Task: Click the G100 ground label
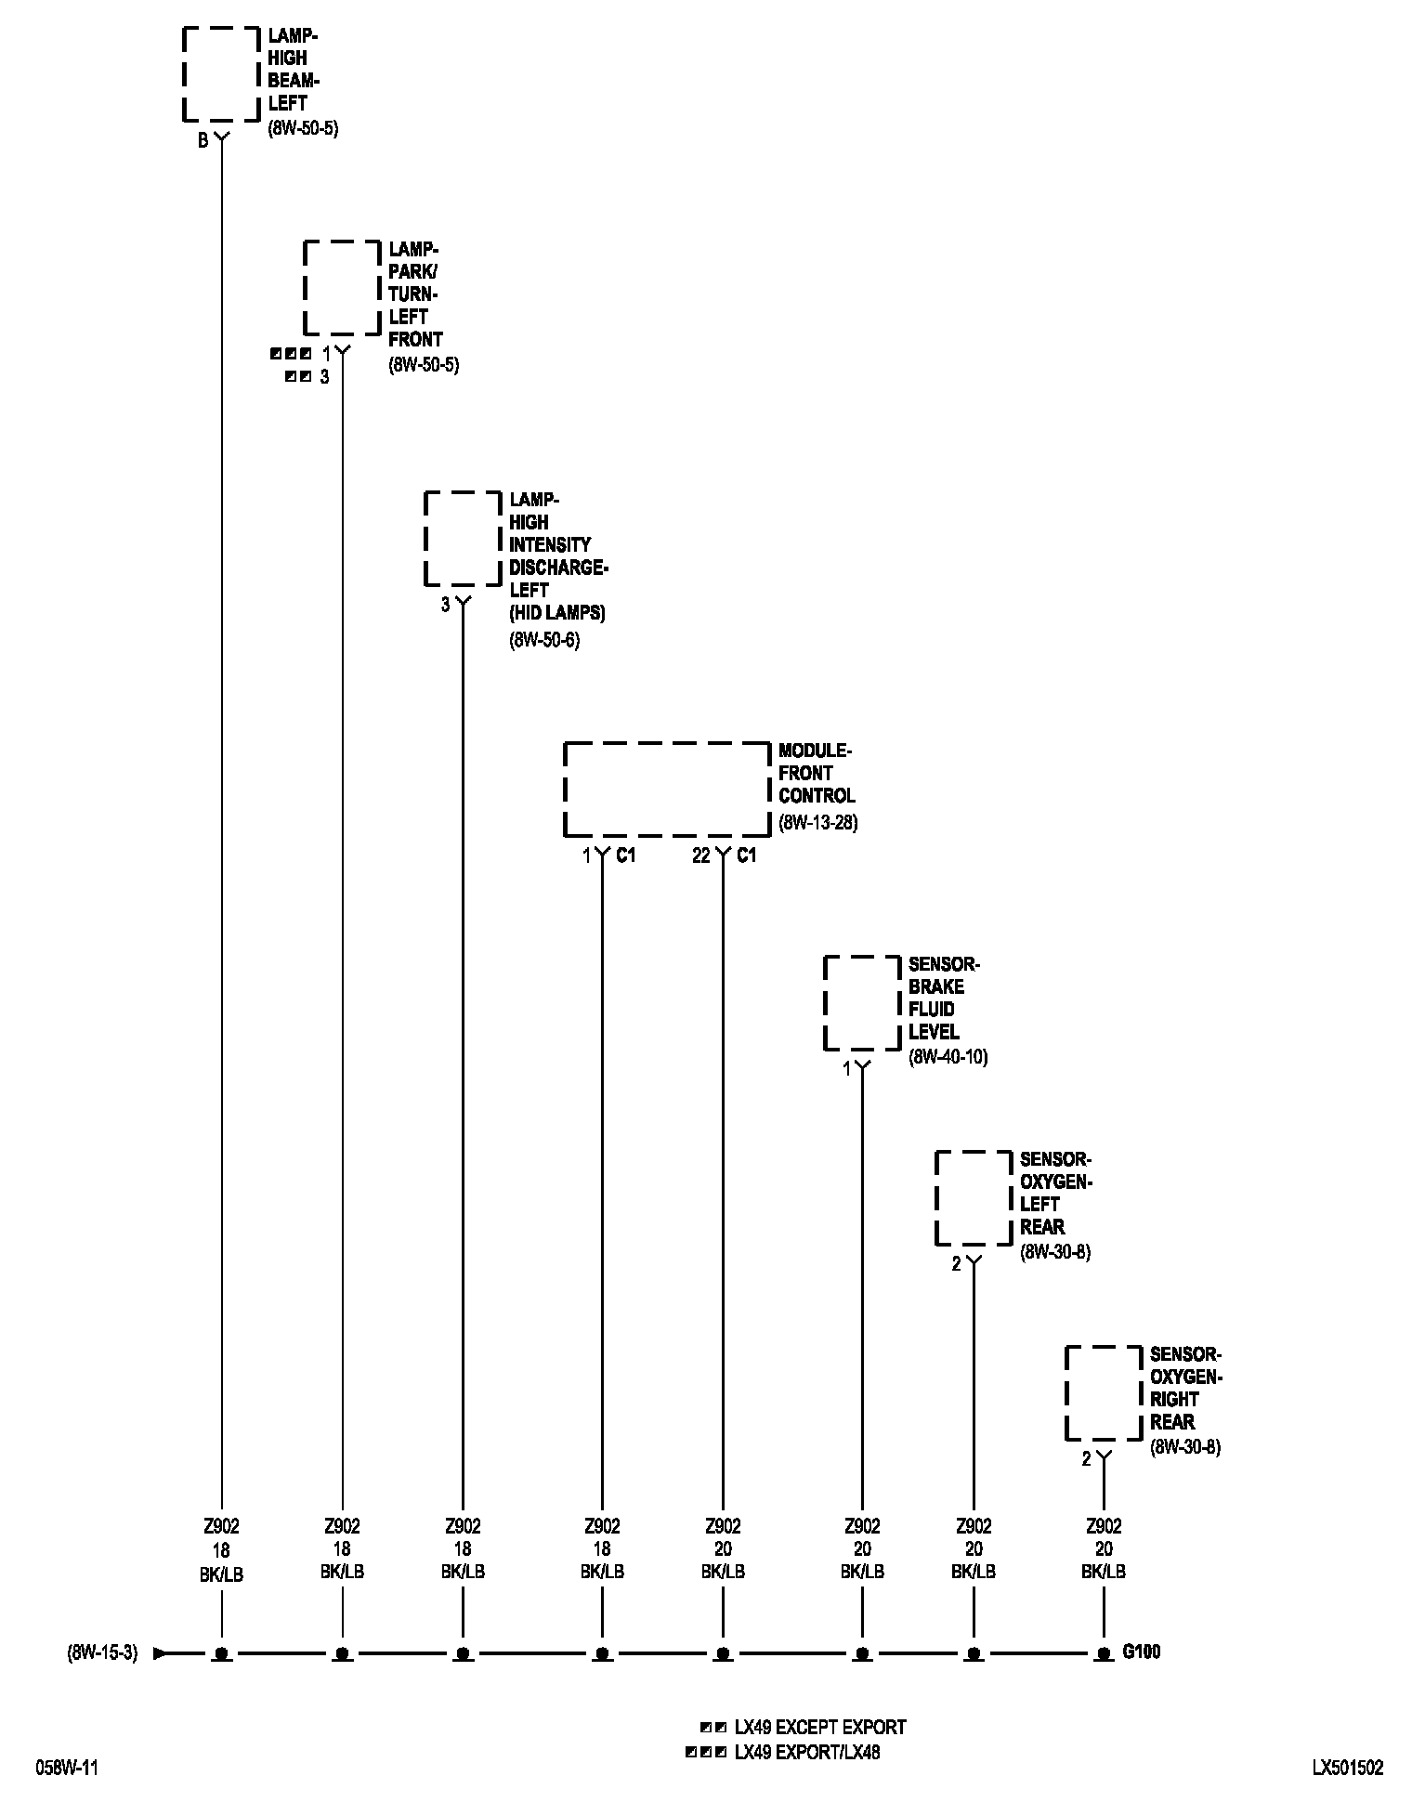[x=1141, y=1652]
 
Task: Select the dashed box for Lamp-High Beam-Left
[x=221, y=74]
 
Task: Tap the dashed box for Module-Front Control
[x=667, y=789]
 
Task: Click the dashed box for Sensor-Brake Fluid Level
[x=862, y=1003]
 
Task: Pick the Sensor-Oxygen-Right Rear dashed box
[x=1104, y=1393]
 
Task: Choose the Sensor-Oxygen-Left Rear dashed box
[x=974, y=1198]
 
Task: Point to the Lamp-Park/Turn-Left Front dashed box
[x=342, y=288]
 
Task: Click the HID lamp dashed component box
[x=463, y=539]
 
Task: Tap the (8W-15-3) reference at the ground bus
[x=102, y=1653]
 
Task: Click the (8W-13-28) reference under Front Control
[x=817, y=823]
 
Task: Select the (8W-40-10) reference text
[x=948, y=1057]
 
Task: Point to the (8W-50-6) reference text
[x=544, y=640]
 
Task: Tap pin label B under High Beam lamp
[x=203, y=142]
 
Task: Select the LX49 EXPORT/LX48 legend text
[x=806, y=1753]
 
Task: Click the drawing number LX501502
[x=1347, y=1769]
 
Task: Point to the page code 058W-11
[x=67, y=1769]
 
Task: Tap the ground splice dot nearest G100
[x=1104, y=1653]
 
